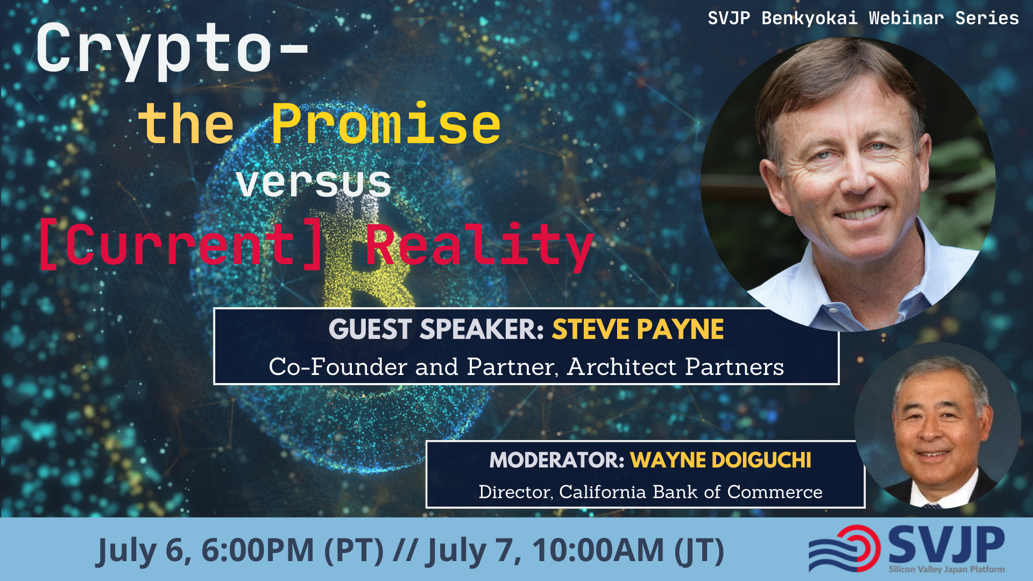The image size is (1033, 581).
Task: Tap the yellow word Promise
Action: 386,125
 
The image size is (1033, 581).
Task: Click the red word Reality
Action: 479,245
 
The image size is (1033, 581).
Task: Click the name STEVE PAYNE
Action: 638,329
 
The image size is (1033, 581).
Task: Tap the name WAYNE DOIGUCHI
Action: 720,460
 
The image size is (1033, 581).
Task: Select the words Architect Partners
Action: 675,367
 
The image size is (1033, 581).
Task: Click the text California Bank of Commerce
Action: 690,492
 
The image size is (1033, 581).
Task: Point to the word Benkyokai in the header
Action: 809,18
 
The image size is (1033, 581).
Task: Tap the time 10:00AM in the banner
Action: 598,550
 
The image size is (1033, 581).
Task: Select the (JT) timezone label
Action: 698,550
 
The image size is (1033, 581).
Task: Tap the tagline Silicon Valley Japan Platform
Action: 946,569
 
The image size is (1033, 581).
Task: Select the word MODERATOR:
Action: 556,460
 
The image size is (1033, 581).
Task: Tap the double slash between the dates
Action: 405,550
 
